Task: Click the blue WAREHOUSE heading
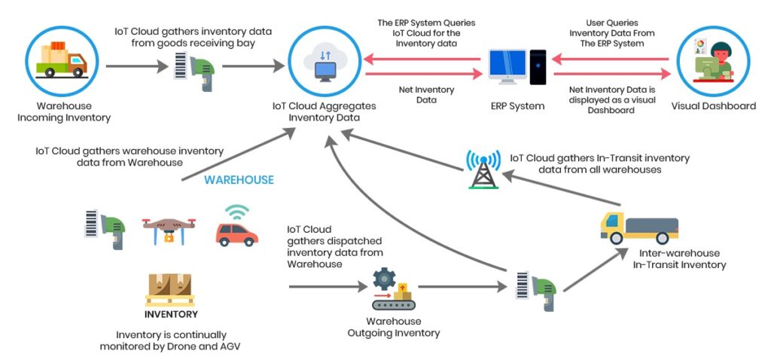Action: pos(239,180)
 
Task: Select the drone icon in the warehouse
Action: pos(169,227)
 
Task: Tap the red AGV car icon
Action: pos(236,228)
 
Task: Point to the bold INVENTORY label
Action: pos(171,315)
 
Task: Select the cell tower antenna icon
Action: pos(483,169)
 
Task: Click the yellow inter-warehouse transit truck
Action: pos(639,227)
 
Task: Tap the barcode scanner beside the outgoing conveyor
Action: pos(536,286)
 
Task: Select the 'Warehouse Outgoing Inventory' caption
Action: pos(393,327)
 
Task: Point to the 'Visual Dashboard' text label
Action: pos(713,106)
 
